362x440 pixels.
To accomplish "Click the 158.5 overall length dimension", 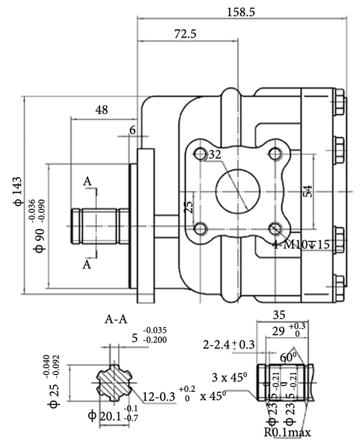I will click(x=242, y=11).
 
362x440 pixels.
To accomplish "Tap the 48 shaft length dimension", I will click(x=102, y=110).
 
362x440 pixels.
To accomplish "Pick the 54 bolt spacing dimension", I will click(x=307, y=191).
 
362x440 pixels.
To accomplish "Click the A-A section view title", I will click(x=115, y=318).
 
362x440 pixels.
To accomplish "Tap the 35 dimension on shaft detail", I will click(x=280, y=315).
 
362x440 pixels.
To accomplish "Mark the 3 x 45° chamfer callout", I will click(x=230, y=377).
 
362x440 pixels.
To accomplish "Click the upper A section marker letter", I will click(x=87, y=182).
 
